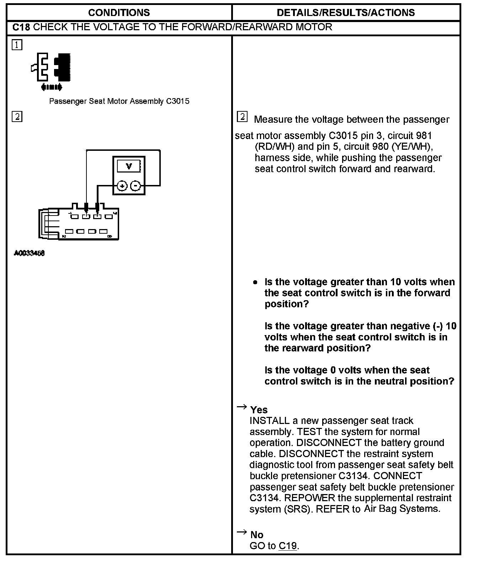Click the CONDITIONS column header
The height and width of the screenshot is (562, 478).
[x=119, y=13]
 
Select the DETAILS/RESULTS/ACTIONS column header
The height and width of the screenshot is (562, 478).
[x=346, y=13]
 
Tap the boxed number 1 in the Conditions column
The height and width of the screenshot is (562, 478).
[x=17, y=45]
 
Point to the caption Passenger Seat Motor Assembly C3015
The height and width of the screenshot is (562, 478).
[x=119, y=101]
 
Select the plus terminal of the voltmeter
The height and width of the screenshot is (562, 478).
[x=122, y=186]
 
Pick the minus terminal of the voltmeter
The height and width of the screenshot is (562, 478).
[x=135, y=186]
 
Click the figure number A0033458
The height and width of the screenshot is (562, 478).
[x=29, y=253]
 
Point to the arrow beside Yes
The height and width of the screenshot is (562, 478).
[x=242, y=407]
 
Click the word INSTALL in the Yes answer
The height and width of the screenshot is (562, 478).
[x=270, y=421]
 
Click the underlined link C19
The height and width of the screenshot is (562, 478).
[x=288, y=546]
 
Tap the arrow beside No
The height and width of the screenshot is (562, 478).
[x=242, y=532]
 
